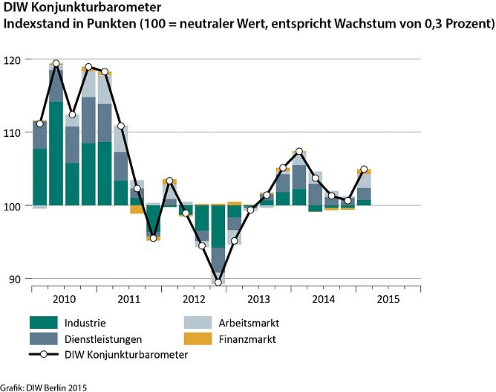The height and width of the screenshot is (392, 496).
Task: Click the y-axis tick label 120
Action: (15, 59)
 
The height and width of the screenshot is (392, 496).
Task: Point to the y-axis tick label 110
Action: (15, 132)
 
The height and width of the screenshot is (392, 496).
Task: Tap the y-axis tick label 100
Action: (15, 205)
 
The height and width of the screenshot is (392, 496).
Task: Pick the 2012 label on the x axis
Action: (194, 299)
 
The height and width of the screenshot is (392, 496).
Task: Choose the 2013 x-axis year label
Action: (258, 299)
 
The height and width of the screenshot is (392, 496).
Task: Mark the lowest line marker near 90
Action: (218, 282)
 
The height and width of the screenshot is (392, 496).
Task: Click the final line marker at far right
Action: (364, 169)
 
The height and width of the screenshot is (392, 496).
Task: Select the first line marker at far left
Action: (40, 123)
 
